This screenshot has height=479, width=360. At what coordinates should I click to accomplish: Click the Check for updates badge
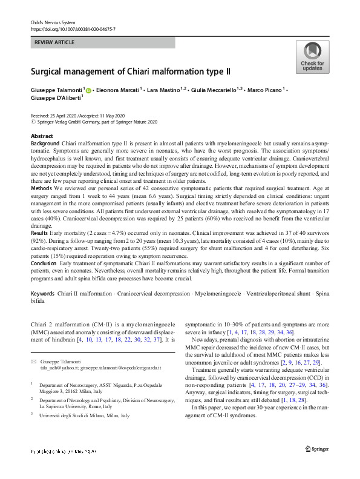pos(312,58)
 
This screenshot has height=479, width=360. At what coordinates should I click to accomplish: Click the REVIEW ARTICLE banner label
pos(54,42)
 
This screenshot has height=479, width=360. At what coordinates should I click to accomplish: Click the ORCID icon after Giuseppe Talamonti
pos(88,90)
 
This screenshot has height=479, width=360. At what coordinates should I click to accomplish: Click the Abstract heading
pos(41,136)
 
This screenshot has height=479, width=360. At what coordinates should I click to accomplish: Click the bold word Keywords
pos(42,293)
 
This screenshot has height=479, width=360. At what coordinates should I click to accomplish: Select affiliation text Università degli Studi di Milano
pos(84,416)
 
